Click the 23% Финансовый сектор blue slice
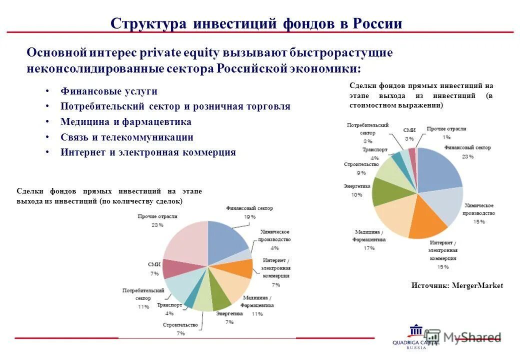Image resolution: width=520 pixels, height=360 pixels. coord(437,172)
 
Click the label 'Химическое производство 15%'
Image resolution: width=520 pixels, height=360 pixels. coord(479,213)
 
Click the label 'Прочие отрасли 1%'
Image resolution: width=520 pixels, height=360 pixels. coord(446,132)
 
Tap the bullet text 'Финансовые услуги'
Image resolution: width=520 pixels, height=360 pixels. coord(109,91)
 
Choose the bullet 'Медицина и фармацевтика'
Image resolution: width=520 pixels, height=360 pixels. coord(126,122)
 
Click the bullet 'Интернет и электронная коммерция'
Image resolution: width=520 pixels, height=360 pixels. coord(148,152)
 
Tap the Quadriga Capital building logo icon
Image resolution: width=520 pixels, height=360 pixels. coord(416,330)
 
